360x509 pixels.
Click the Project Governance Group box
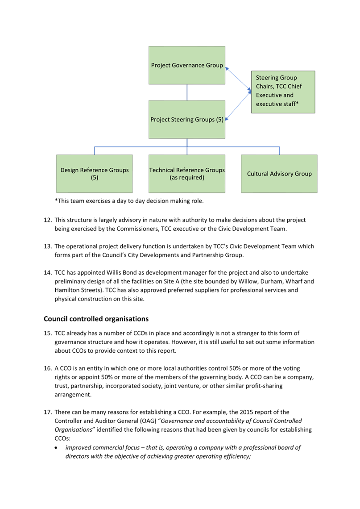click(187, 65)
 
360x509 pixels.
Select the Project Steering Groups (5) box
click(187, 120)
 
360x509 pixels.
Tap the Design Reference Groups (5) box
click(95, 174)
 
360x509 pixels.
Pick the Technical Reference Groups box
click(187, 174)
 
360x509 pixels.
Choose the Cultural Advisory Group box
click(279, 174)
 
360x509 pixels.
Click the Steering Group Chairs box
click(283, 92)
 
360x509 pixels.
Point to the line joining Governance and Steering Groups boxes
click(187, 92)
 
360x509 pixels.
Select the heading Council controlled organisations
click(96, 319)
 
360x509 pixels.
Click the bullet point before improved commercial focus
click(56, 448)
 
